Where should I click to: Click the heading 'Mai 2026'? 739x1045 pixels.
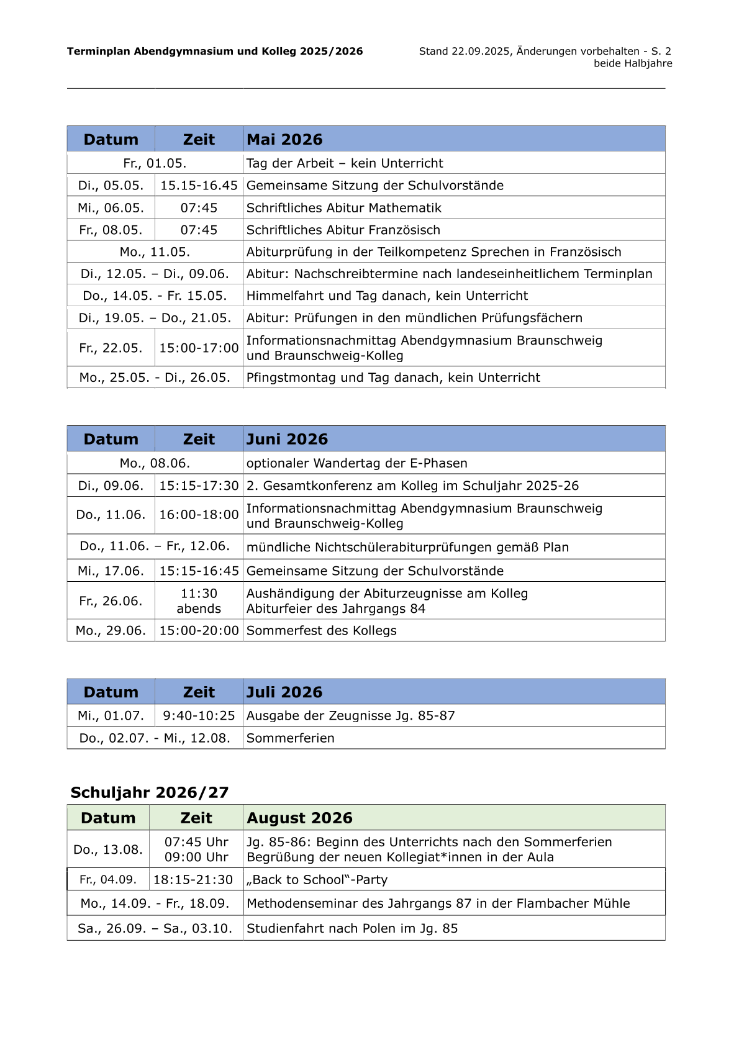tap(284, 139)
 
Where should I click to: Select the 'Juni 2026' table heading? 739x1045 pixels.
tap(287, 439)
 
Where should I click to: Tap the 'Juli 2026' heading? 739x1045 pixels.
tap(284, 692)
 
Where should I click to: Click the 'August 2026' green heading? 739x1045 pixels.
tap(299, 818)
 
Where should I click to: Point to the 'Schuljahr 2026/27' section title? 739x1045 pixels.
tap(150, 792)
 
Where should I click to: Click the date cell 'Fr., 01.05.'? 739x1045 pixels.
tap(155, 163)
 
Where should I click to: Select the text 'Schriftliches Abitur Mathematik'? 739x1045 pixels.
tap(344, 208)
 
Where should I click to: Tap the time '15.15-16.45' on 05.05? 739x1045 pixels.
tap(199, 186)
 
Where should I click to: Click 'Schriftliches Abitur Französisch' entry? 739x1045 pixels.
tap(343, 230)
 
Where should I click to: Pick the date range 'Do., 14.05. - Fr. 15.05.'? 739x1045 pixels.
tap(155, 296)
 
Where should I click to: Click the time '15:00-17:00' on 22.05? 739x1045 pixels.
tap(199, 348)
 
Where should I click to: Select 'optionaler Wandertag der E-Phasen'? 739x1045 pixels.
tap(357, 463)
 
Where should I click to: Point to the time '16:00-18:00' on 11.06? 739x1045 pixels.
tap(199, 515)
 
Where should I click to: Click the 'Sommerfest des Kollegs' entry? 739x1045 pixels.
tap(322, 631)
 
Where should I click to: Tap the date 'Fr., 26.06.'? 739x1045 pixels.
tap(111, 601)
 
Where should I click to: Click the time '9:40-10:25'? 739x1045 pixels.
tap(199, 716)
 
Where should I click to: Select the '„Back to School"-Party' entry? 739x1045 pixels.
tap(317, 880)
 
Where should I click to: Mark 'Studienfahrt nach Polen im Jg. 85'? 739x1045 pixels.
tap(352, 929)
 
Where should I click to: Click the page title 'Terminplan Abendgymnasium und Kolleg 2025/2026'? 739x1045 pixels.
tap(215, 52)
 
